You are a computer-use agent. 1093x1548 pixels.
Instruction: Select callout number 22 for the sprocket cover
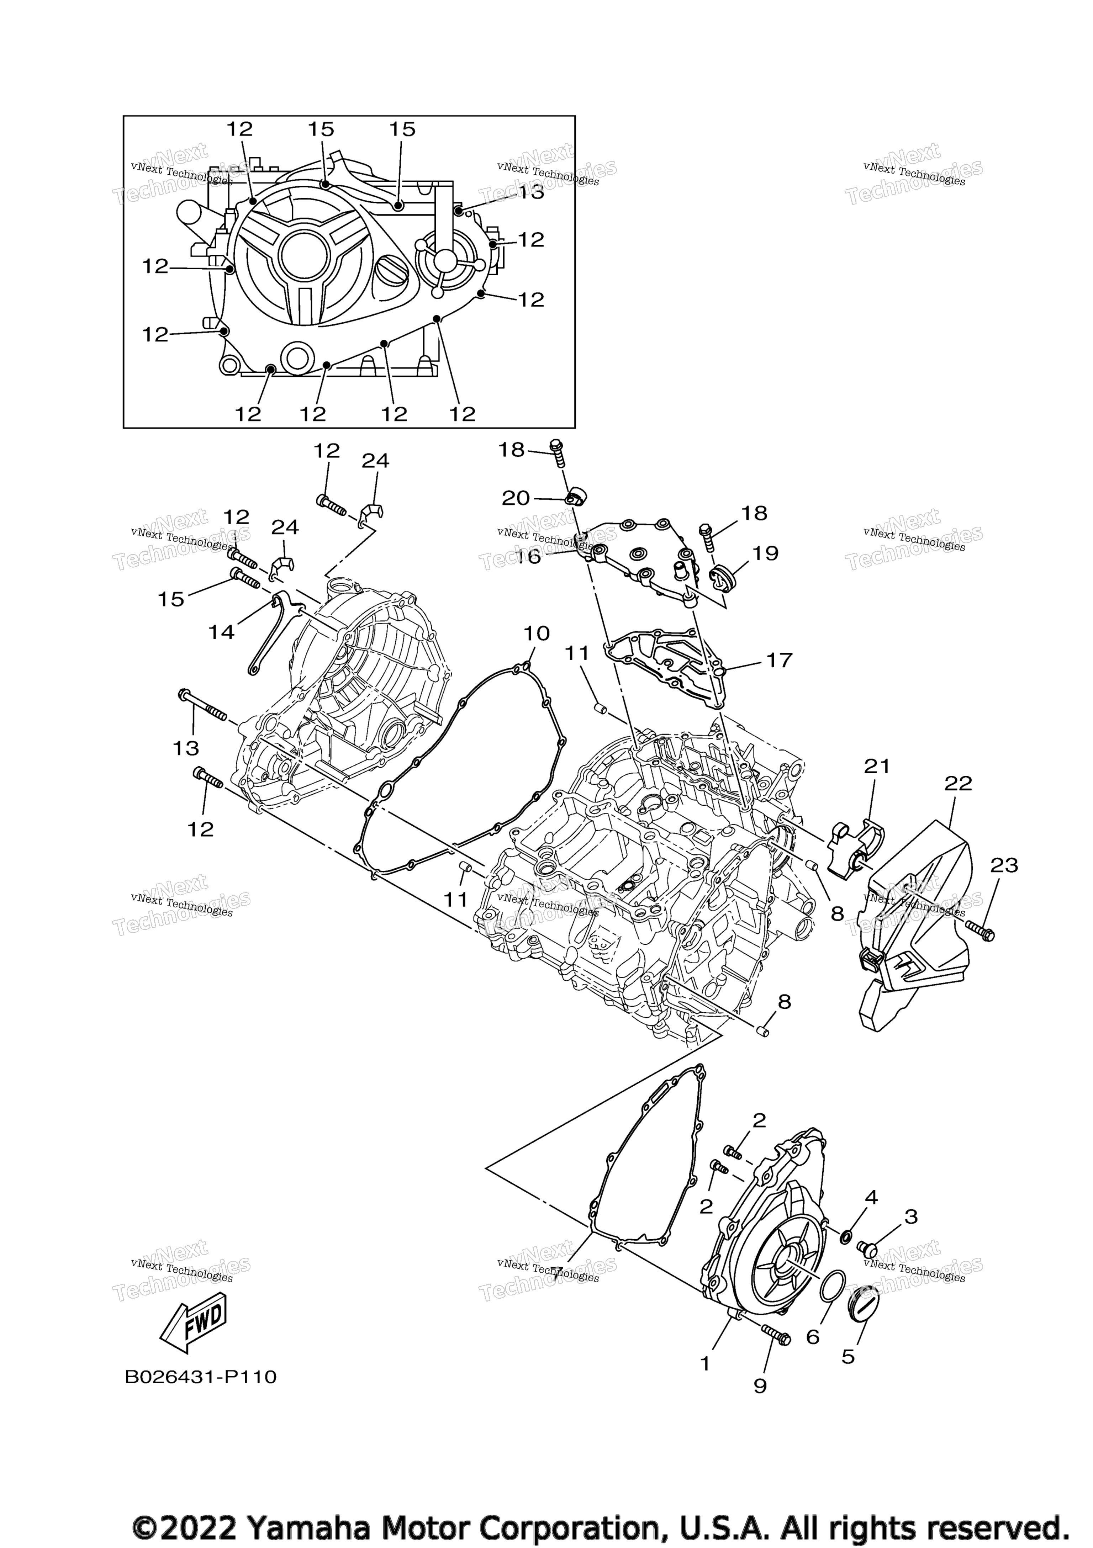pos(958,784)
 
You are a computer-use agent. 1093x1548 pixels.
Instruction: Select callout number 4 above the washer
pos(871,1197)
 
